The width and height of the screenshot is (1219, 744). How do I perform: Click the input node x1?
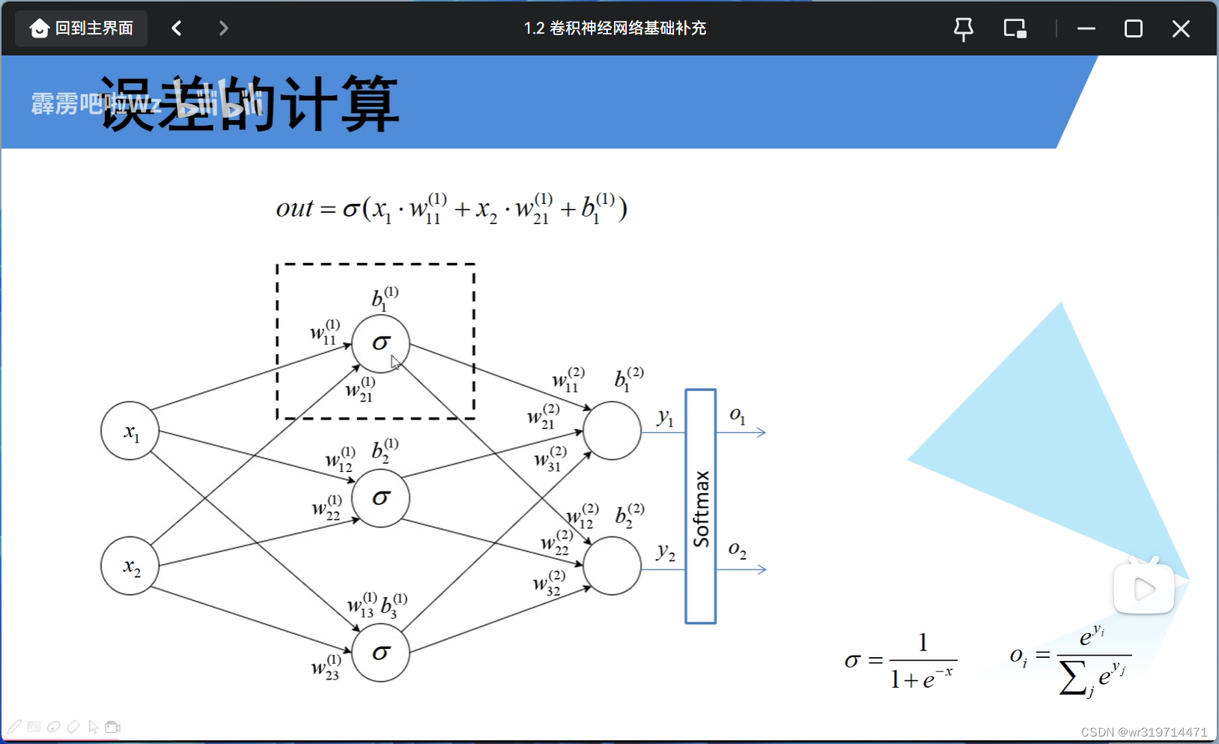tap(130, 431)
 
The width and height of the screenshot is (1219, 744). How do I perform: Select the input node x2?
tap(130, 566)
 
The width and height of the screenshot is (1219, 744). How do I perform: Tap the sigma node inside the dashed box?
tap(381, 344)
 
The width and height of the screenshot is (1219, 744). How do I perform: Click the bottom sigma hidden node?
tap(381, 653)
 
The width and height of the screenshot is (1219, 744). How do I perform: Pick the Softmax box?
tap(701, 506)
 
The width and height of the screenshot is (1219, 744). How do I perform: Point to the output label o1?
tap(738, 416)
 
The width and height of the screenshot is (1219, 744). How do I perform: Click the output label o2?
tap(738, 551)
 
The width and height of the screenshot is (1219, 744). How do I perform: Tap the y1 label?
tap(665, 417)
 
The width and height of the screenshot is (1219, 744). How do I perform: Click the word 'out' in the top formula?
tap(294, 208)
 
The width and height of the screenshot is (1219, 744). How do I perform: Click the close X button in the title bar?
tap(1181, 28)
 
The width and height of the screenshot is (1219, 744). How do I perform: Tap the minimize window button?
tap(1086, 28)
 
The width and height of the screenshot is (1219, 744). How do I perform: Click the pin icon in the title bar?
tap(964, 28)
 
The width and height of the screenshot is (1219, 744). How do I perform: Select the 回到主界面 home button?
tap(82, 28)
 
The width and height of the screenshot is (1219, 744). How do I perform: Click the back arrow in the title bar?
tap(177, 28)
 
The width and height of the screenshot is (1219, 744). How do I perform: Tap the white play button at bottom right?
tap(1143, 590)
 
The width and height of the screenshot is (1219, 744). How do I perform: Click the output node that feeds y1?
tap(612, 431)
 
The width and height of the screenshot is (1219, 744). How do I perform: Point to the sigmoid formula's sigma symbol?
tap(852, 661)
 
